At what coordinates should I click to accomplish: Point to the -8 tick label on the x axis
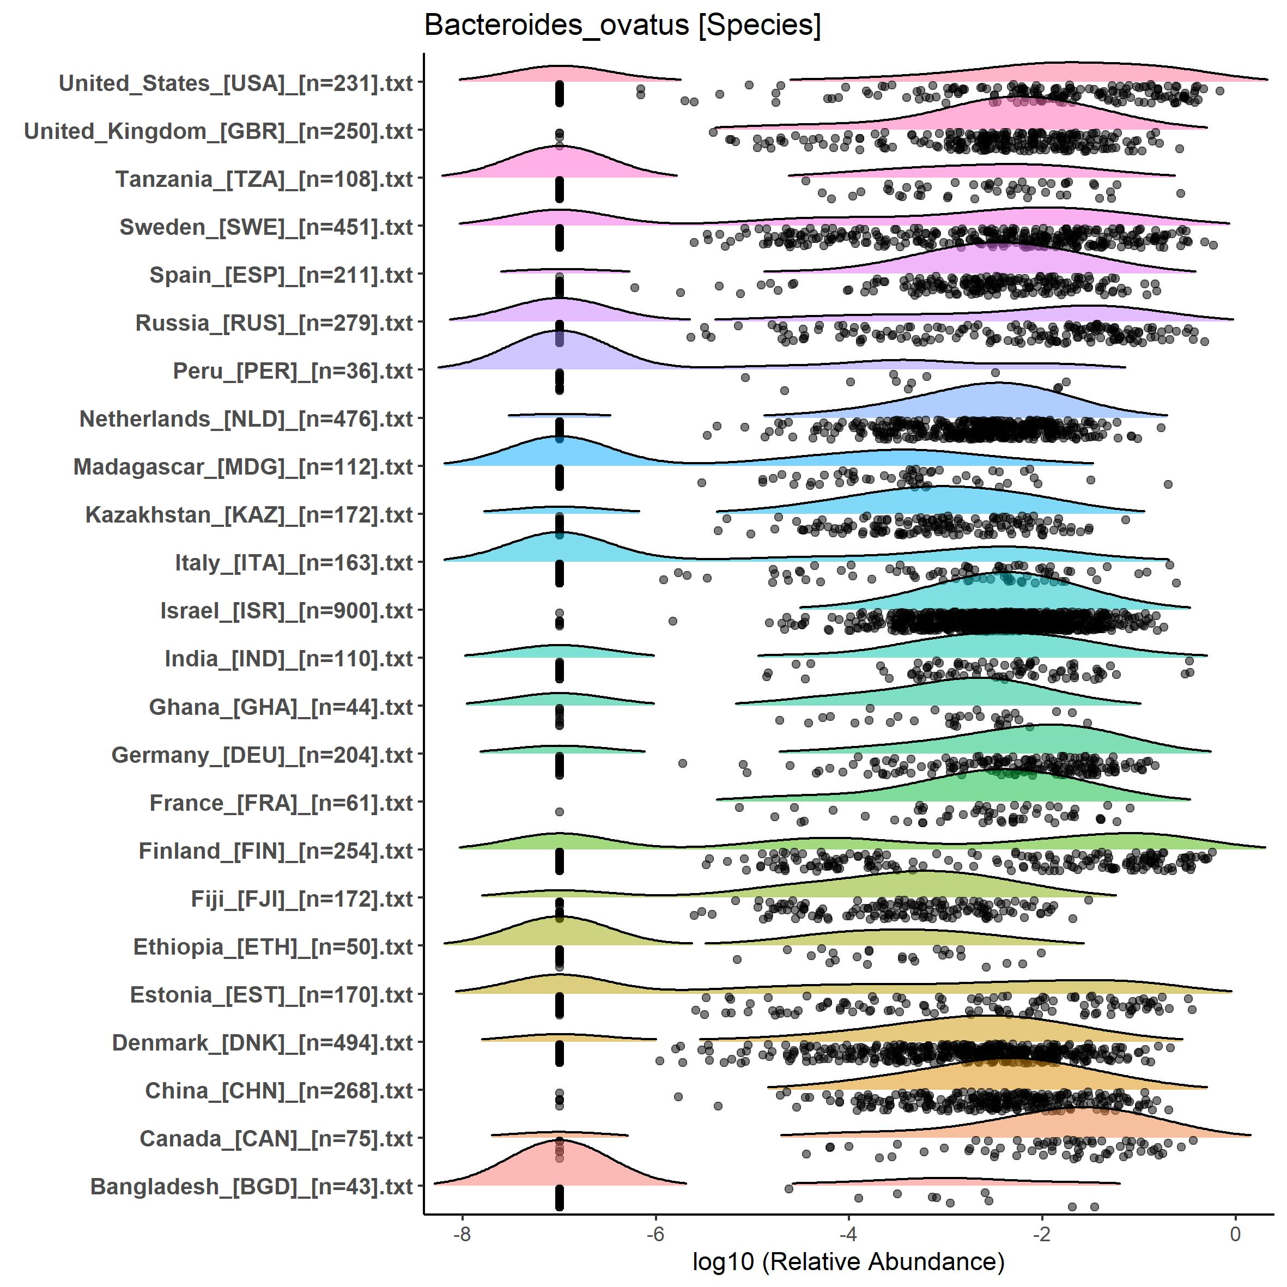pyautogui.click(x=462, y=1234)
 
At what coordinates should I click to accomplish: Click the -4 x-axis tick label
pyautogui.click(x=848, y=1234)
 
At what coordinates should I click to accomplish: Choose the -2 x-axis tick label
pyautogui.click(x=1041, y=1234)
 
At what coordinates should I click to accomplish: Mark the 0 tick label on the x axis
pyautogui.click(x=1235, y=1234)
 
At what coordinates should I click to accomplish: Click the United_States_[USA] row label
pyautogui.click(x=236, y=83)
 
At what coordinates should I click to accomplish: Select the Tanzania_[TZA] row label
pyautogui.click(x=264, y=179)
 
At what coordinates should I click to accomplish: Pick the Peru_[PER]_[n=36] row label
pyautogui.click(x=293, y=371)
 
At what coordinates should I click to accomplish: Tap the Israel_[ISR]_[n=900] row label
pyautogui.click(x=287, y=611)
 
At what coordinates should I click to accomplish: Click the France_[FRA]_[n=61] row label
pyautogui.click(x=281, y=803)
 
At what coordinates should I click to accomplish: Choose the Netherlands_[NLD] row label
pyautogui.click(x=246, y=419)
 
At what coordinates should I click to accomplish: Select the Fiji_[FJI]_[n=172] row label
pyautogui.click(x=302, y=899)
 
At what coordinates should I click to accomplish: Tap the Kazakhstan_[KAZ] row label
pyautogui.click(x=249, y=515)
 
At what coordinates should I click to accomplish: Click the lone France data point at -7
pyautogui.click(x=560, y=811)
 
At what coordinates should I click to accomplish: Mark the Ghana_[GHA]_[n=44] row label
pyautogui.click(x=281, y=707)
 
